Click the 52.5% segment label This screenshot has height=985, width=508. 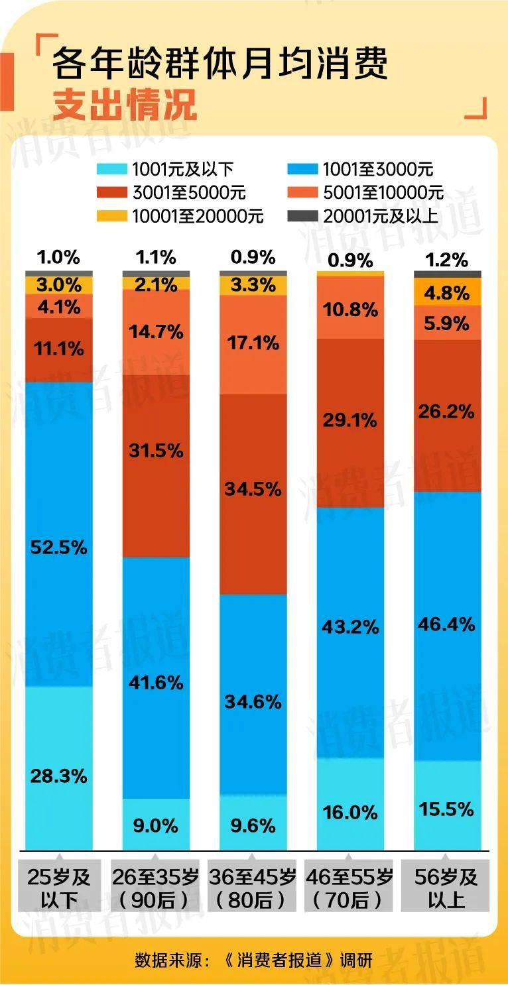[x=58, y=548]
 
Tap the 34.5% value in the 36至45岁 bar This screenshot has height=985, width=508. [x=253, y=489]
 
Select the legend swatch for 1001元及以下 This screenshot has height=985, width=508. [x=111, y=169]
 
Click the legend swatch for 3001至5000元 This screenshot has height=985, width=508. [x=111, y=192]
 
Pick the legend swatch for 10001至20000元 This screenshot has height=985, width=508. [x=111, y=216]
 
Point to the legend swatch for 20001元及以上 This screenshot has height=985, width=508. [x=302, y=216]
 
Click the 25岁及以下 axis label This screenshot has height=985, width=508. [x=58, y=888]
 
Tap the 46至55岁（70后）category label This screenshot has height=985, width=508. [x=349, y=888]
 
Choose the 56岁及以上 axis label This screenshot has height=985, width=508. [x=446, y=888]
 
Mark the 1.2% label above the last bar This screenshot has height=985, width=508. [x=447, y=260]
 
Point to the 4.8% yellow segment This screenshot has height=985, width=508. [x=447, y=292]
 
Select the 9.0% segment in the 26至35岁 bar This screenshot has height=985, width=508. [x=156, y=825]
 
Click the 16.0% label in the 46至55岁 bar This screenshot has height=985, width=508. [x=350, y=812]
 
